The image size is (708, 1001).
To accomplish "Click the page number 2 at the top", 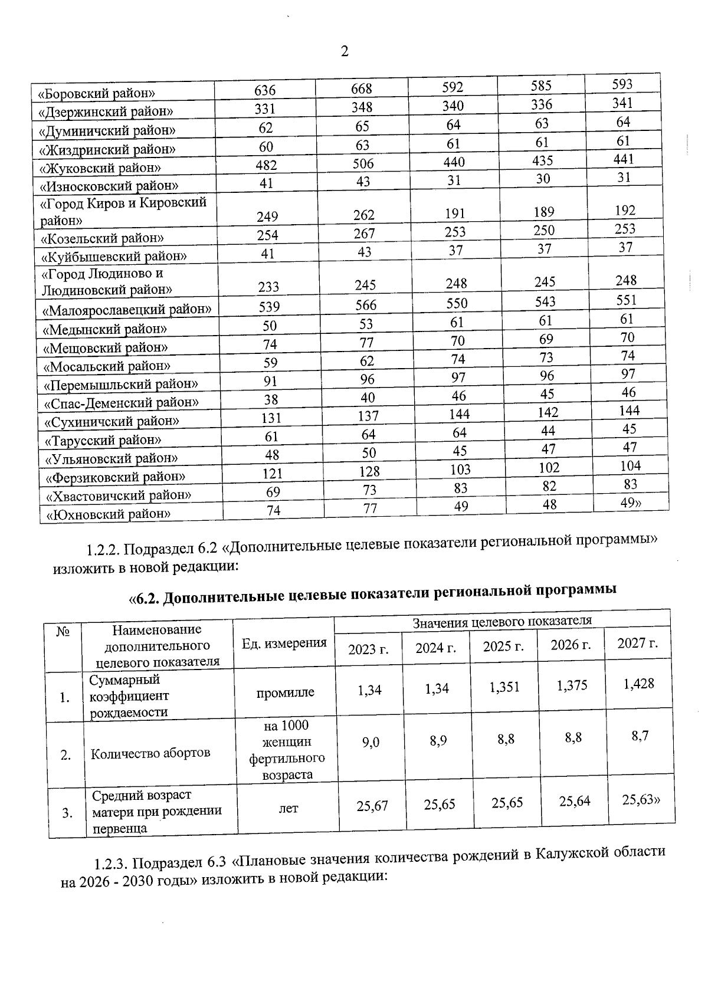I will (345, 51).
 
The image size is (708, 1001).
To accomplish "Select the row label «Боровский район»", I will (96, 93).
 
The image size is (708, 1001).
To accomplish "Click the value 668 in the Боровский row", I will (361, 89).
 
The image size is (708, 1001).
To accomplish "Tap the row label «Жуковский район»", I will (100, 168).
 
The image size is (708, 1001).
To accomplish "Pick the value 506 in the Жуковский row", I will (363, 163).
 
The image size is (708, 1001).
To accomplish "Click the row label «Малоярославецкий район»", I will (127, 308).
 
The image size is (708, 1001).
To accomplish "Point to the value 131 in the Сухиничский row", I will (271, 418).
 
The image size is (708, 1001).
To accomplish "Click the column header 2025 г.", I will (503, 646).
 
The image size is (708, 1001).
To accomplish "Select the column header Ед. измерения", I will (284, 643).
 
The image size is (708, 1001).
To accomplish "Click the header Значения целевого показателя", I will (501, 621).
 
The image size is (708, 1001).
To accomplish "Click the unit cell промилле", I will (286, 693).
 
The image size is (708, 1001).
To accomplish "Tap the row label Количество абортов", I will (150, 753).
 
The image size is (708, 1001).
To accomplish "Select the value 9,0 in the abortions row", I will (371, 743).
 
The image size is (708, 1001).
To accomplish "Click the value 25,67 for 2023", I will (372, 806).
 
